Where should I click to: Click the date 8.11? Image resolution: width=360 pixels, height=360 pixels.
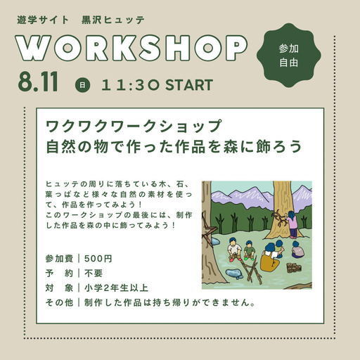tap(38, 82)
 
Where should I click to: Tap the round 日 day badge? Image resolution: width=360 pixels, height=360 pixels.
tap(82, 85)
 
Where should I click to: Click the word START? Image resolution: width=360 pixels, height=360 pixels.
tap(189, 85)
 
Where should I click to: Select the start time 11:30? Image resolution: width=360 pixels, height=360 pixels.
tap(130, 85)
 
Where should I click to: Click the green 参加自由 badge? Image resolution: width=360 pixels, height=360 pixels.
tap(288, 56)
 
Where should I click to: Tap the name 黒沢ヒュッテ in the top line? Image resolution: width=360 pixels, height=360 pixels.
tap(113, 20)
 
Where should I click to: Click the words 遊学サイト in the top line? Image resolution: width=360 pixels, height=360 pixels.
tap(43, 20)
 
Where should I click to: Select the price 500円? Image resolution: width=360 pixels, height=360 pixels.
tap(98, 259)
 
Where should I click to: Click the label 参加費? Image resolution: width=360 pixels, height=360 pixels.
tap(59, 259)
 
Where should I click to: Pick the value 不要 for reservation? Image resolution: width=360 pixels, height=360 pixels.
tap(94, 273)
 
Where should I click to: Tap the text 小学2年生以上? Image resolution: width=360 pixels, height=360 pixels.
tap(116, 288)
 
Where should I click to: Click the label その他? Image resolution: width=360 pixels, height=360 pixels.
tap(59, 302)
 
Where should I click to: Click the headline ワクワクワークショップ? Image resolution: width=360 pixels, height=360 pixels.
tap(134, 126)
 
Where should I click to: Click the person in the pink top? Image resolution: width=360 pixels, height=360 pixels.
tap(291, 224)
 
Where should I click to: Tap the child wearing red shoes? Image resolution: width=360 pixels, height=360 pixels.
tap(234, 250)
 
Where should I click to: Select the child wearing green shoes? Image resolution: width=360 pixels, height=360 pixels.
tap(249, 250)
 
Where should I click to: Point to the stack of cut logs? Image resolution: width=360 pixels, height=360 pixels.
tap(294, 268)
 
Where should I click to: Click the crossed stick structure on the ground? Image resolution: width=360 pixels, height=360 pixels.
tap(251, 270)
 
